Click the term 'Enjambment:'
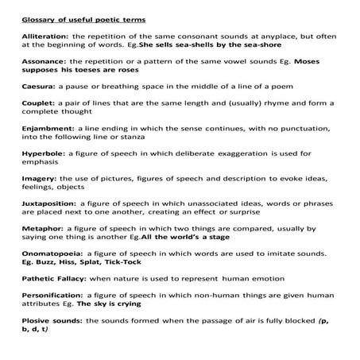(x=40, y=128)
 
